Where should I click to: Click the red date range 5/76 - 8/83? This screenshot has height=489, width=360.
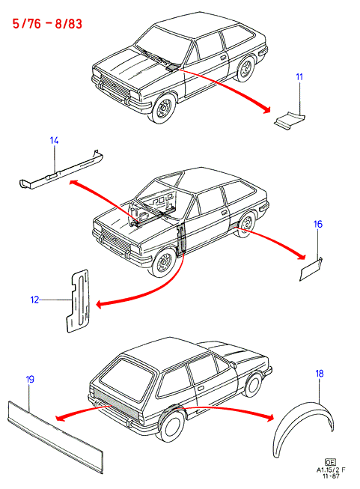click(47, 24)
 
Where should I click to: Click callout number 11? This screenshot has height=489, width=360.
click(299, 76)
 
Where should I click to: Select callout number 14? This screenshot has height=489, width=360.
click(54, 141)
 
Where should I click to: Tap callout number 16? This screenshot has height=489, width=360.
click(318, 224)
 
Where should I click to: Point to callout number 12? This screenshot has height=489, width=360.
click(34, 300)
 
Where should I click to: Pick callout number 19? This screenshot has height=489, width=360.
click(30, 380)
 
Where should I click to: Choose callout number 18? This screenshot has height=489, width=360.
click(320, 373)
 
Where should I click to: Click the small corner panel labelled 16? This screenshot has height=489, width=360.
click(311, 269)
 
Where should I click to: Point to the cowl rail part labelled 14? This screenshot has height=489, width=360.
click(61, 171)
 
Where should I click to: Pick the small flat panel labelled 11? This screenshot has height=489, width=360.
click(290, 120)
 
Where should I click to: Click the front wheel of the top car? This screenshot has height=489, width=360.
click(163, 108)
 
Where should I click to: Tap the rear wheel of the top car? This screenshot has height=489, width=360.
click(246, 69)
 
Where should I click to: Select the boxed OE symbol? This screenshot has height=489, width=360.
click(330, 462)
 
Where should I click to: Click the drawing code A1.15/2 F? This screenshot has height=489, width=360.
click(331, 470)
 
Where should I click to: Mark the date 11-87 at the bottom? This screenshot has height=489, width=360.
click(331, 476)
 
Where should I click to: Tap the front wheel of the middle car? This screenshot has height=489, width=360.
click(163, 262)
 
